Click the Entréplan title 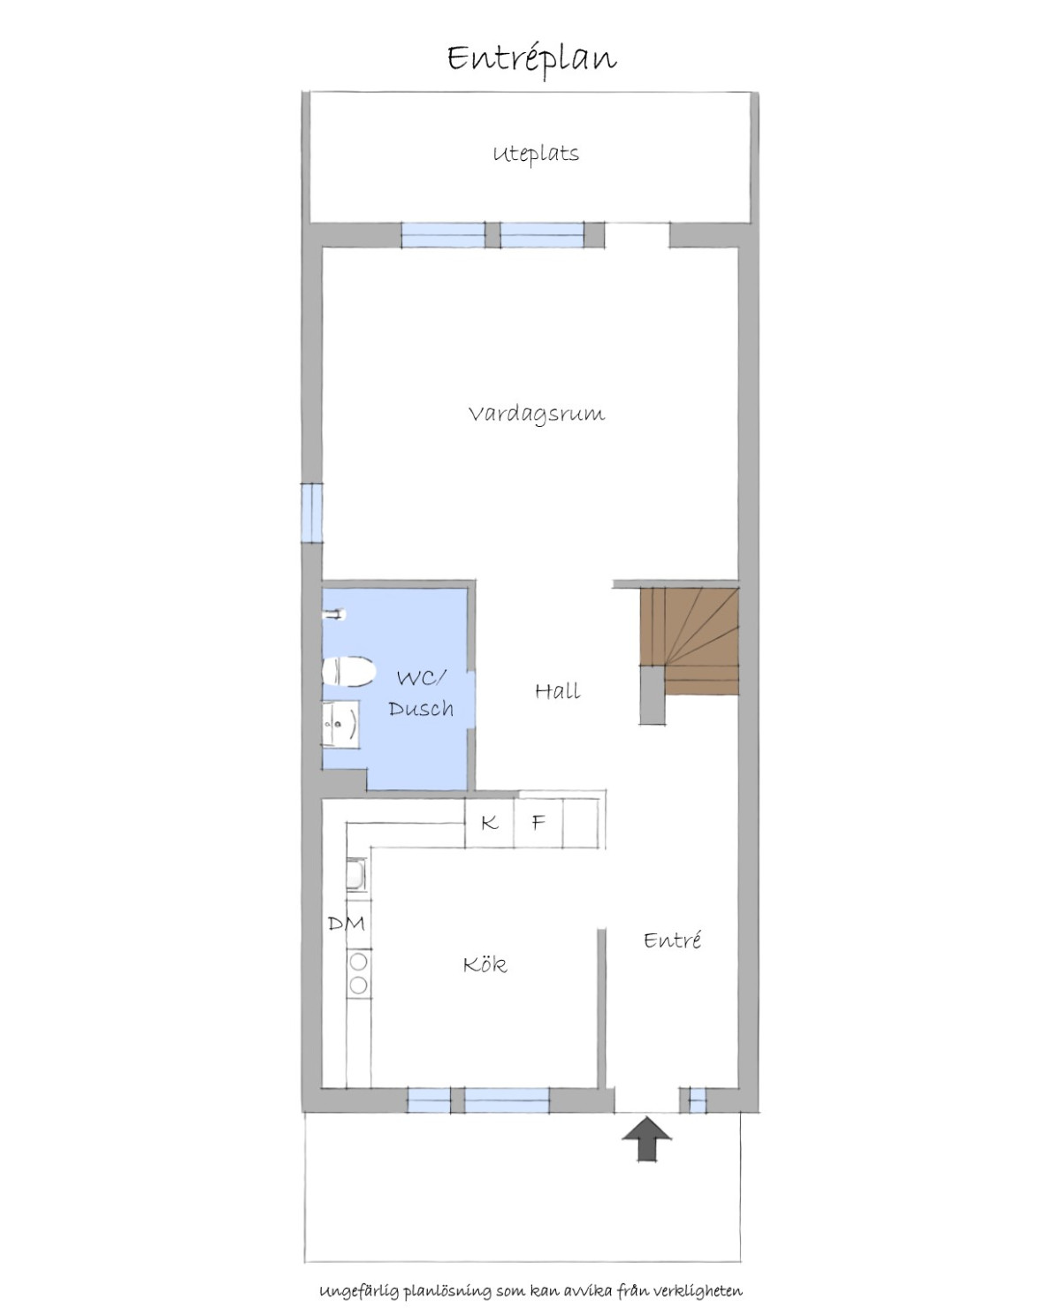click(x=531, y=60)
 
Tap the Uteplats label click(x=536, y=154)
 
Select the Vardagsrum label click(x=536, y=414)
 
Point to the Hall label click(x=558, y=691)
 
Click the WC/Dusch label click(x=421, y=694)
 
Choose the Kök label click(x=485, y=963)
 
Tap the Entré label click(x=672, y=940)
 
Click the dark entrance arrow click(x=646, y=1138)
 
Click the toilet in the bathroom click(x=348, y=671)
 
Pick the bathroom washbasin click(x=340, y=725)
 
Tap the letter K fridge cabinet click(x=489, y=823)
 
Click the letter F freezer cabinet click(x=538, y=823)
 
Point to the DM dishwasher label click(x=346, y=923)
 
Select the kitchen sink click(x=356, y=874)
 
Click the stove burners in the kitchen click(x=358, y=973)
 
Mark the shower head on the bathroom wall click(x=335, y=613)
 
